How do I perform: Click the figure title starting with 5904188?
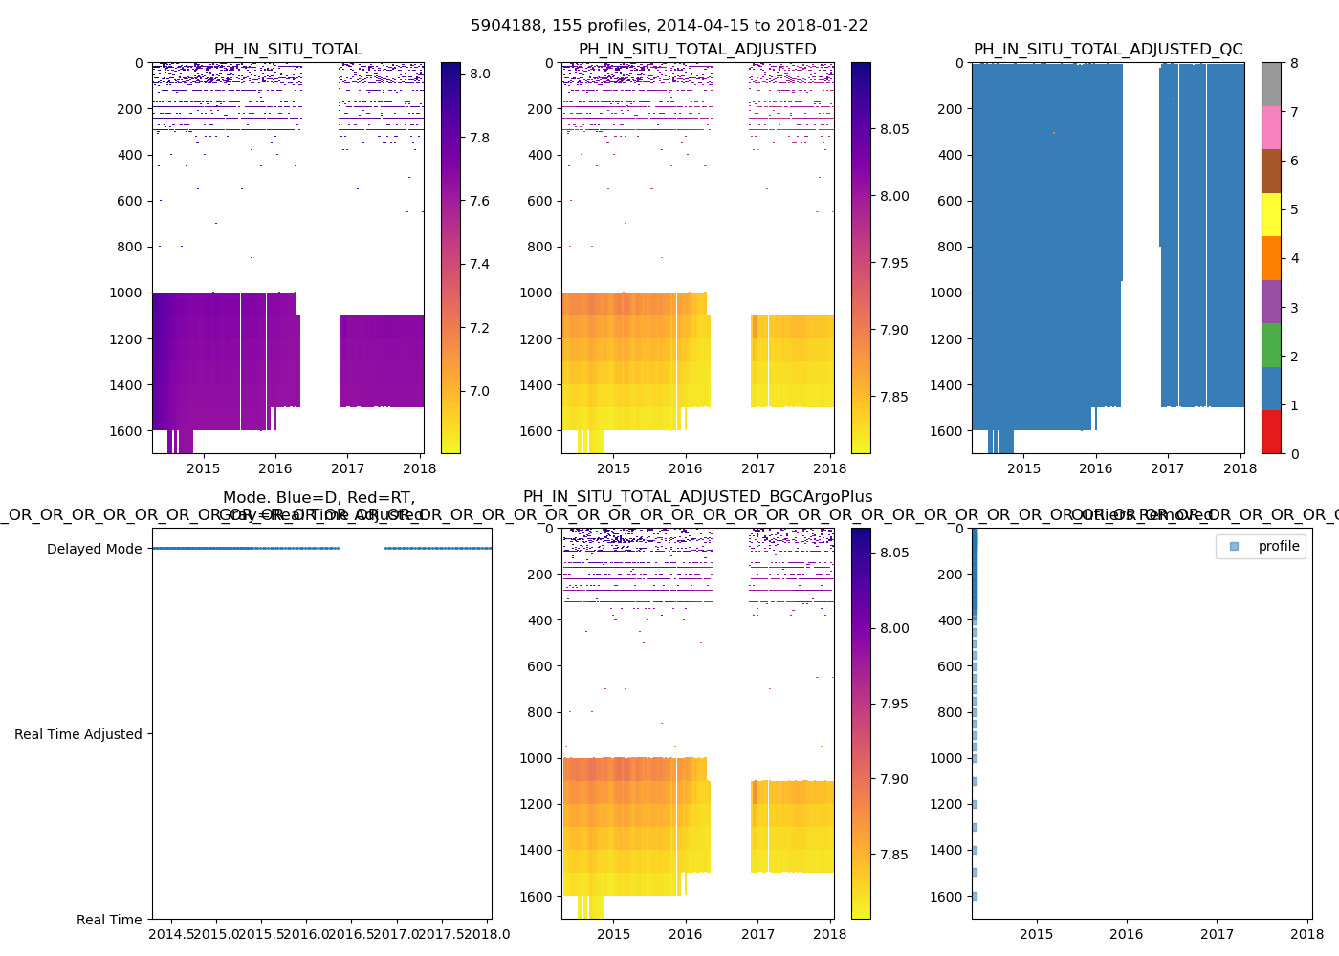click(x=669, y=26)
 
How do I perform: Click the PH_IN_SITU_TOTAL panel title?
click(x=288, y=50)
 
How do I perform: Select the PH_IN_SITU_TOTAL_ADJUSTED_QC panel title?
click(x=1108, y=50)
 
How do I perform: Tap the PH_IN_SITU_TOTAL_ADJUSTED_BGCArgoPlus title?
click(x=697, y=497)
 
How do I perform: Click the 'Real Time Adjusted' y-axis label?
click(x=77, y=734)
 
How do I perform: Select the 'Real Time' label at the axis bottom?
click(x=109, y=920)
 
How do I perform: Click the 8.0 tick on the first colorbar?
click(x=479, y=74)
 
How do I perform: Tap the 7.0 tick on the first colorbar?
click(x=479, y=391)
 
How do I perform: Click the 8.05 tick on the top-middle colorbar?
click(x=894, y=129)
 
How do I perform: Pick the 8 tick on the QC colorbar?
click(x=1294, y=63)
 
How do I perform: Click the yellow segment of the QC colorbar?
click(x=1271, y=214)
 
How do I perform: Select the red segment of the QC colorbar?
click(x=1271, y=431)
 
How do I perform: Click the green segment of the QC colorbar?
click(x=1271, y=344)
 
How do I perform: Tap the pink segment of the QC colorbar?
click(x=1271, y=127)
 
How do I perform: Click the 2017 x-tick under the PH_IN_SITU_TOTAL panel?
click(x=347, y=468)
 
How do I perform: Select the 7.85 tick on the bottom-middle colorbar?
click(x=894, y=855)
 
